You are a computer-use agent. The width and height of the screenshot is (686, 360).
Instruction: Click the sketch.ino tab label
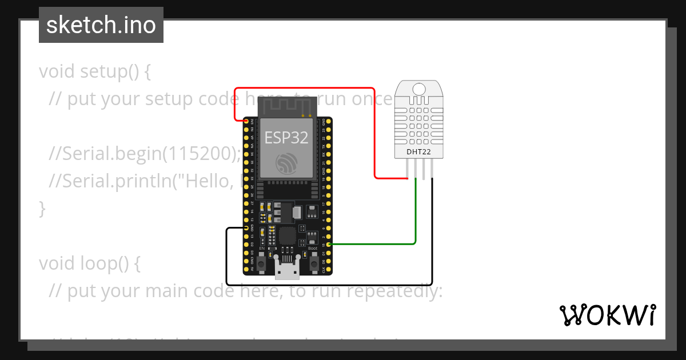pyautogui.click(x=101, y=25)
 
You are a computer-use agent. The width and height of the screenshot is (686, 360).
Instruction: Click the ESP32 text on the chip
pyautogui.click(x=286, y=138)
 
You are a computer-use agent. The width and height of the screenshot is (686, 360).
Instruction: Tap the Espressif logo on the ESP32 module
pyautogui.click(x=286, y=163)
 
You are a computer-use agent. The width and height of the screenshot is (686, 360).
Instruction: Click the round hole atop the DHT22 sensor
pyautogui.click(x=419, y=89)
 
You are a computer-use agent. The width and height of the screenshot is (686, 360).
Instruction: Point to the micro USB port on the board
pyautogui.click(x=286, y=269)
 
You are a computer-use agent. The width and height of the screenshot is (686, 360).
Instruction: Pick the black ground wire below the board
pyautogui.click(x=329, y=284)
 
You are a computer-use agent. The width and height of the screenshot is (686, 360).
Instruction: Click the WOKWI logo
pyautogui.click(x=607, y=315)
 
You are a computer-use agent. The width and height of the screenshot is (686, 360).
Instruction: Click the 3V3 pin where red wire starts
pyautogui.click(x=247, y=121)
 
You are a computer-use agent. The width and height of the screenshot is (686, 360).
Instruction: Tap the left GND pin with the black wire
pyautogui.click(x=247, y=228)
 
